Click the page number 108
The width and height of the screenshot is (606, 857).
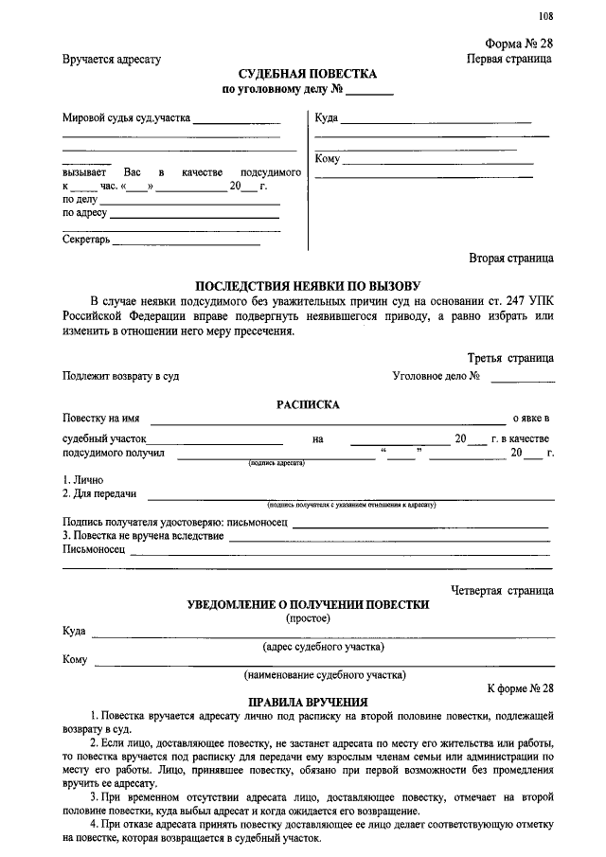545,14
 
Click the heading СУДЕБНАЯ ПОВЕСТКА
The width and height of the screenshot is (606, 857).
308,74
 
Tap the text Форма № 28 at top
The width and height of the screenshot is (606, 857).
519,44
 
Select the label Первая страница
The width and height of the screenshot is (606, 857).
510,59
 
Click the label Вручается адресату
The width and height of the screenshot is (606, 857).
112,59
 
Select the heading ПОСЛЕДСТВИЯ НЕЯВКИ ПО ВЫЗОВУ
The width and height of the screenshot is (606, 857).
308,285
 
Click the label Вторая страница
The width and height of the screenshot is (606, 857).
511,257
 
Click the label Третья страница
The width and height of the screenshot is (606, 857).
510,359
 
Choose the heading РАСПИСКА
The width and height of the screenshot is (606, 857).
308,404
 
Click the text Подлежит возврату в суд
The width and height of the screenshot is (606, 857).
121,376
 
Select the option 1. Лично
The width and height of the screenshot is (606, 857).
83,480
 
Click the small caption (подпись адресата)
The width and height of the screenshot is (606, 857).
276,463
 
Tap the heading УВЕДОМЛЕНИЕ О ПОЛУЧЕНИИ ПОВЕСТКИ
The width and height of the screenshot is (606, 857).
308,604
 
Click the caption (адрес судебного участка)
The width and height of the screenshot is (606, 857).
323,648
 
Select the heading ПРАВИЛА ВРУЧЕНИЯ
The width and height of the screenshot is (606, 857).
308,703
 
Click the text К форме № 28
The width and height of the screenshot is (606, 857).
520,687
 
